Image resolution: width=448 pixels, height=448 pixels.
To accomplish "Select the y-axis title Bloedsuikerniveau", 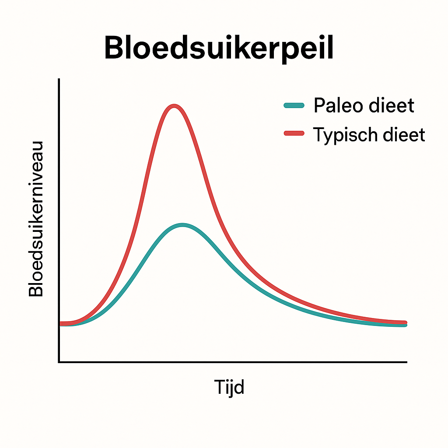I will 36,219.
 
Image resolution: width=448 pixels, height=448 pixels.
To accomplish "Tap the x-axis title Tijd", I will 229,387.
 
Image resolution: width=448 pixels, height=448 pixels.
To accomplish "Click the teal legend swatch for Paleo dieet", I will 294,105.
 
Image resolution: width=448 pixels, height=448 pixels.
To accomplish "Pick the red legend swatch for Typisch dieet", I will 294,133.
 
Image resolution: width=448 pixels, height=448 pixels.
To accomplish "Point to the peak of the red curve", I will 175,106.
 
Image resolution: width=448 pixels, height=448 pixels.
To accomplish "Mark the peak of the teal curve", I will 182,225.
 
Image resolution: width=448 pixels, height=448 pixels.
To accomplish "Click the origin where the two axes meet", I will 59,362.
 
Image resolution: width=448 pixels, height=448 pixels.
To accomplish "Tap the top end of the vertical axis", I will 59,80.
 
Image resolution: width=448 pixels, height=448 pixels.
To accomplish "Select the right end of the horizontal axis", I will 406,362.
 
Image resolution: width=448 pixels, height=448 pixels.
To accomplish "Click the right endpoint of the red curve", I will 406,322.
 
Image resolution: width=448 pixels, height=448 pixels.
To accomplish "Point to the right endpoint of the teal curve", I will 406,325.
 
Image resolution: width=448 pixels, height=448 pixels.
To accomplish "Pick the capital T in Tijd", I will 219,387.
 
